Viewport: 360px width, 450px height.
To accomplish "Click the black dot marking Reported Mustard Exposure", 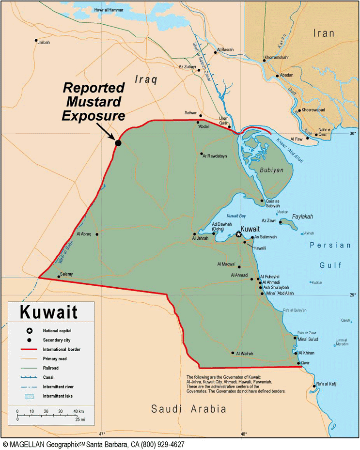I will point(118,143).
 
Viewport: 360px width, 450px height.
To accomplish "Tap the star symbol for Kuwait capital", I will point(238,234).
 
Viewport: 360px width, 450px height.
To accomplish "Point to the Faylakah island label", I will point(302,216).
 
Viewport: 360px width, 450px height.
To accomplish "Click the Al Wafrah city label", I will point(245,354).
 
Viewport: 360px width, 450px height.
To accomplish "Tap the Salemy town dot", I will point(59,277).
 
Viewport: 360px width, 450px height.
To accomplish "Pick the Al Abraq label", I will point(84,234).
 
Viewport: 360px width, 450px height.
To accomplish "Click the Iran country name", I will point(324,33).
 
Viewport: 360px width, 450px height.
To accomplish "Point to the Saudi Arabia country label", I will point(188,409).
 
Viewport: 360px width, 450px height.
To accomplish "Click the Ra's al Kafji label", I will point(327,384).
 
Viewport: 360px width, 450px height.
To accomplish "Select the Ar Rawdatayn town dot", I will point(202,154).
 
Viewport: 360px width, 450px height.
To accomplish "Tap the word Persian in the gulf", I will point(330,245).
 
